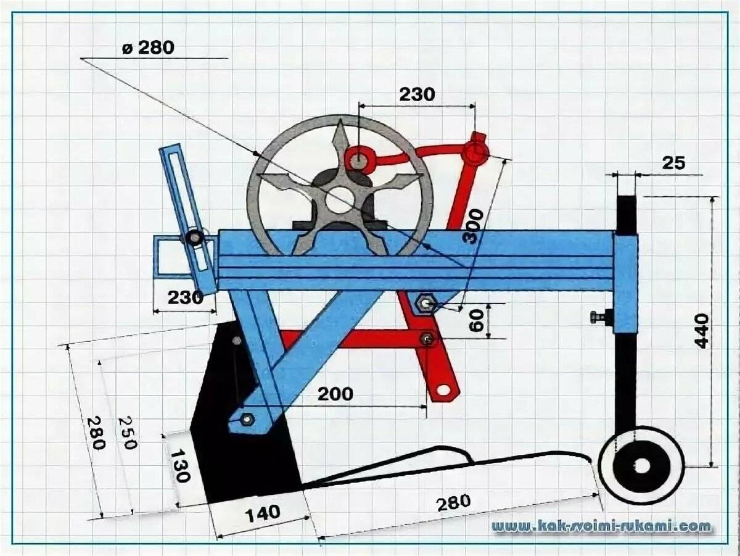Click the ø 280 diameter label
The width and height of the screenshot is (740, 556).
(x=148, y=48)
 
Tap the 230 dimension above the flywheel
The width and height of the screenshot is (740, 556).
(x=417, y=94)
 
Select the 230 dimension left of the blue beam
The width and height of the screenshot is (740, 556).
(x=185, y=297)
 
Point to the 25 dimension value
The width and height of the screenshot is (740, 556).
(x=674, y=164)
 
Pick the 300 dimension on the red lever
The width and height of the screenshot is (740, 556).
(x=474, y=226)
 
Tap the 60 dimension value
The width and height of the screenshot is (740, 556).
(x=476, y=321)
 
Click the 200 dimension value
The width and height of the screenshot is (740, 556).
(x=335, y=394)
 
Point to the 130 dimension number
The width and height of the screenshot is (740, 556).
(x=179, y=465)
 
